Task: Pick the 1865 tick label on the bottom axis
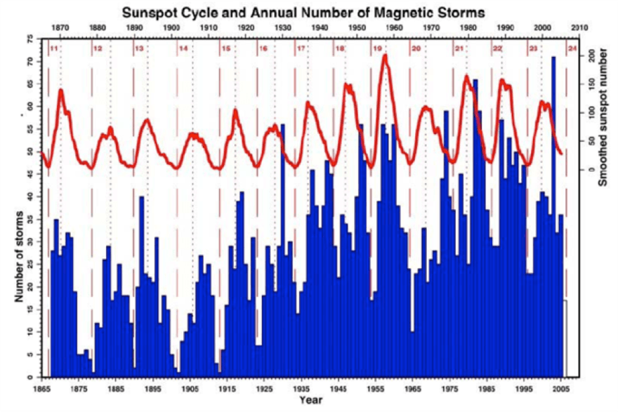43,387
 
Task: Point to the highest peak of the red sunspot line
385,55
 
